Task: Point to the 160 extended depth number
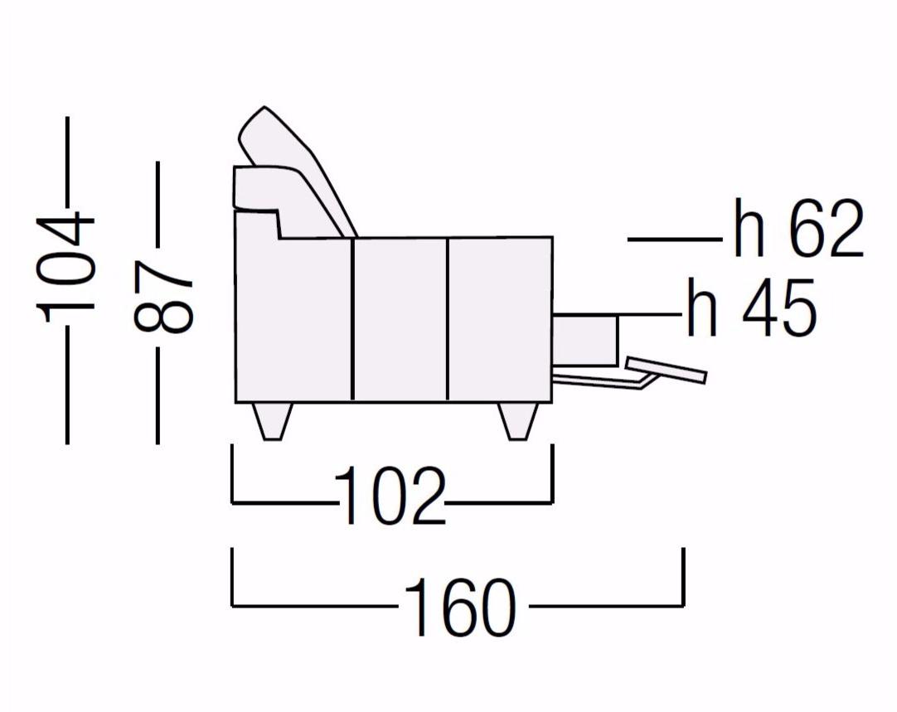tap(459, 607)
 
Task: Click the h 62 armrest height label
tap(798, 229)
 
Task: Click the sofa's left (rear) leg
tap(272, 422)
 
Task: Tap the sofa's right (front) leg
tap(517, 422)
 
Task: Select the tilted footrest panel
tap(667, 370)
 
